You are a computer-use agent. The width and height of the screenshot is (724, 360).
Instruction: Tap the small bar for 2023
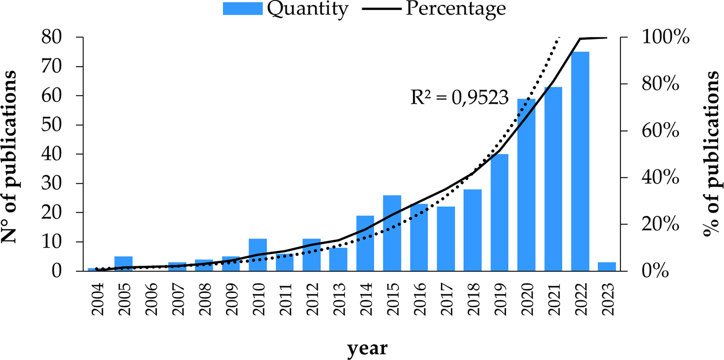coord(607,266)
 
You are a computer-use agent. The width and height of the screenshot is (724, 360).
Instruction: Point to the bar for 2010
coord(258,255)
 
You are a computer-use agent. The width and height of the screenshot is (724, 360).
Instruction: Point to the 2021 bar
coord(553,179)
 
